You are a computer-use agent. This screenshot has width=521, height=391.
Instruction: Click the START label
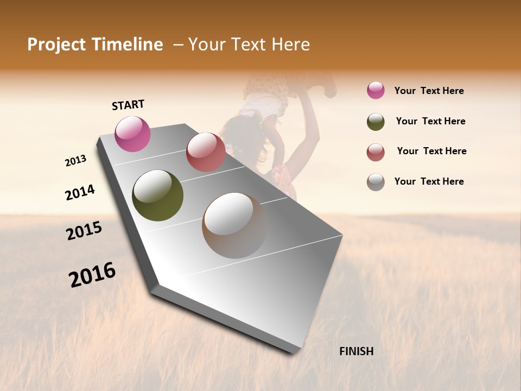[128, 105]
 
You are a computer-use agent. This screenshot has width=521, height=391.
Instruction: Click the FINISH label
[356, 351]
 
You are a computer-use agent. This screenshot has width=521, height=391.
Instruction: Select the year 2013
[76, 160]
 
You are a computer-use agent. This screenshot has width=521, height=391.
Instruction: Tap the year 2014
[80, 192]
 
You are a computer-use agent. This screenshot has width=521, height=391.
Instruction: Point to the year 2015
[84, 231]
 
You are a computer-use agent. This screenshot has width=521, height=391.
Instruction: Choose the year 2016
[92, 274]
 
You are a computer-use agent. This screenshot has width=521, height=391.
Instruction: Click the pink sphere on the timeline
[132, 134]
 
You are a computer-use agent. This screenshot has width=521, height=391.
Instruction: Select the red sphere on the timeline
[206, 152]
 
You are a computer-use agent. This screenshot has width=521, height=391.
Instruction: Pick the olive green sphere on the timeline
[157, 195]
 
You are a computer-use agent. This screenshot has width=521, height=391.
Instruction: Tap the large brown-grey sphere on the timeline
[234, 225]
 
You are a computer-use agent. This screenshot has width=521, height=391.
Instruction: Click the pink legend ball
[376, 91]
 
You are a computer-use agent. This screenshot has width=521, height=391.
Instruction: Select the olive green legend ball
[376, 122]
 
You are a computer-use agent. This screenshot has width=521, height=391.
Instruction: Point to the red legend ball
[376, 152]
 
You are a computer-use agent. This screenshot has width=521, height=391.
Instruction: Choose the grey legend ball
[376, 182]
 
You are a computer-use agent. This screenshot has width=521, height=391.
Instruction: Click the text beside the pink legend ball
[429, 91]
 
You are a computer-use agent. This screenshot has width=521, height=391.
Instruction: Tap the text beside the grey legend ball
[429, 181]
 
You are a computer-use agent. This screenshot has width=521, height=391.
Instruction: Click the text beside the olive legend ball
[430, 121]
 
